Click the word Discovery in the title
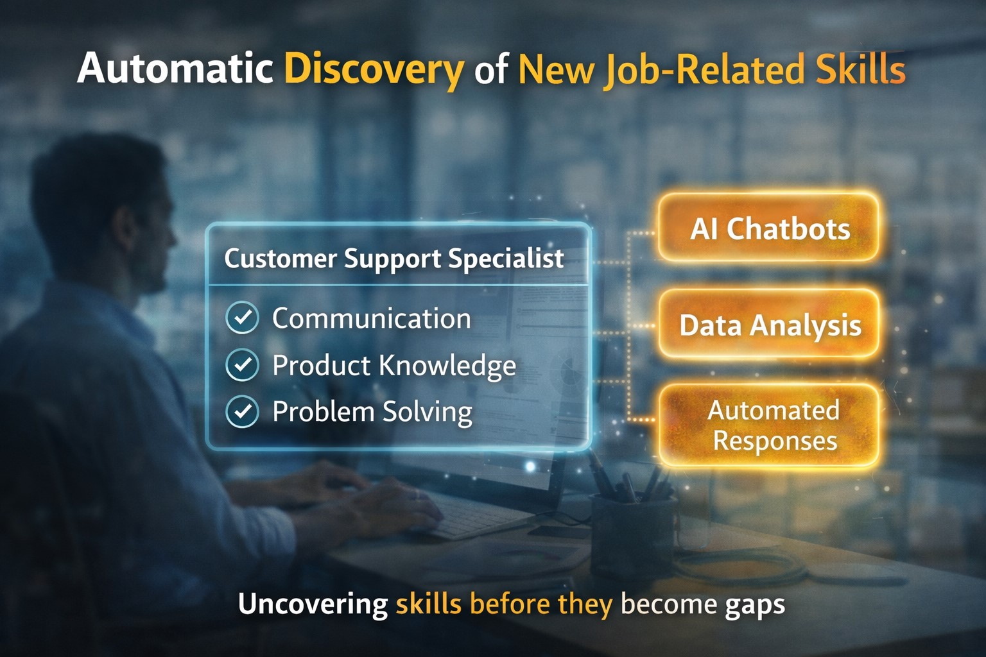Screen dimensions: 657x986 coord(374,69)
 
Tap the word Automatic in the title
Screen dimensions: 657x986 coord(175,68)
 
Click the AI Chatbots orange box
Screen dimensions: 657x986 coord(769,228)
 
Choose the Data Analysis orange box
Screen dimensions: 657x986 coord(769,325)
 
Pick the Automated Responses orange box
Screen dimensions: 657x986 coord(769,425)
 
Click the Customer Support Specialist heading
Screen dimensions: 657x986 coord(394,259)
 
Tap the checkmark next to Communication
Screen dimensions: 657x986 coord(243,318)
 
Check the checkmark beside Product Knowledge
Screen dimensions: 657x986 coord(243,365)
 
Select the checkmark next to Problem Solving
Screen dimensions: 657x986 coord(243,412)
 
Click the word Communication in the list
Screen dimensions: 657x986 coord(371,318)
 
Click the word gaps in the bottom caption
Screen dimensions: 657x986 coord(755,604)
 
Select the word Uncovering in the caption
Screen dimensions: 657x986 coord(313,604)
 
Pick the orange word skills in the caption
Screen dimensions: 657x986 coord(428,604)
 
